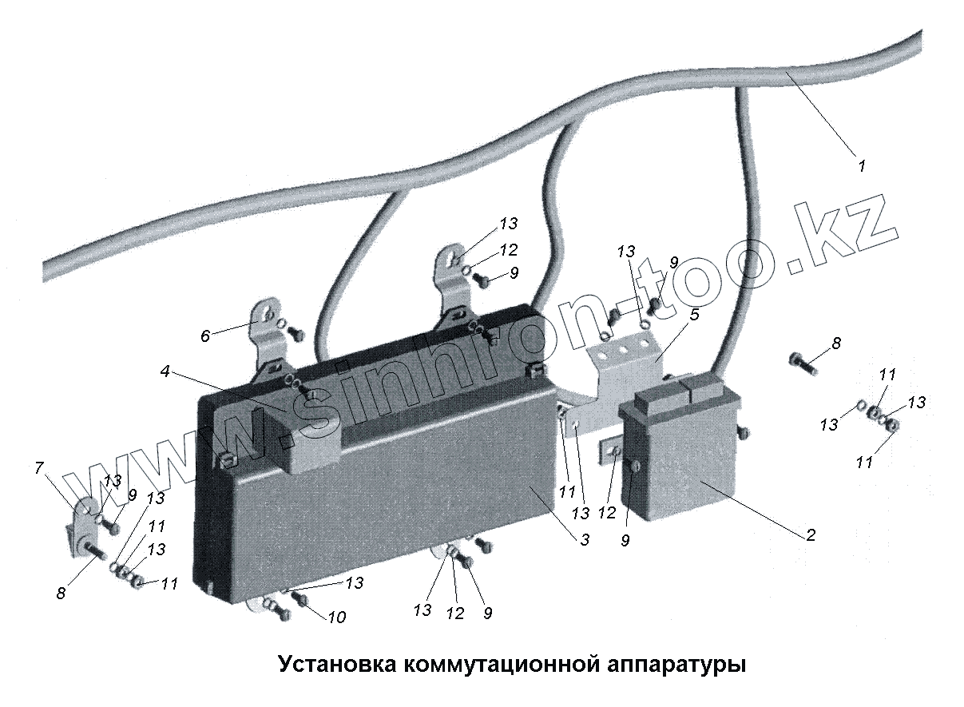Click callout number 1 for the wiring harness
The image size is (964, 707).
pos(862,167)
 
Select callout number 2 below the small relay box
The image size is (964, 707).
pos(810,535)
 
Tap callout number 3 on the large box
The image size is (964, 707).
pos(585,540)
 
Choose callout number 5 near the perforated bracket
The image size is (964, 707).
pos(694,315)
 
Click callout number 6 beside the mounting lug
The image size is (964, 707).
pos(205,336)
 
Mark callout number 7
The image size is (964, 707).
pos(39,468)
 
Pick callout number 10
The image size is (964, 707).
pos(337,617)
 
